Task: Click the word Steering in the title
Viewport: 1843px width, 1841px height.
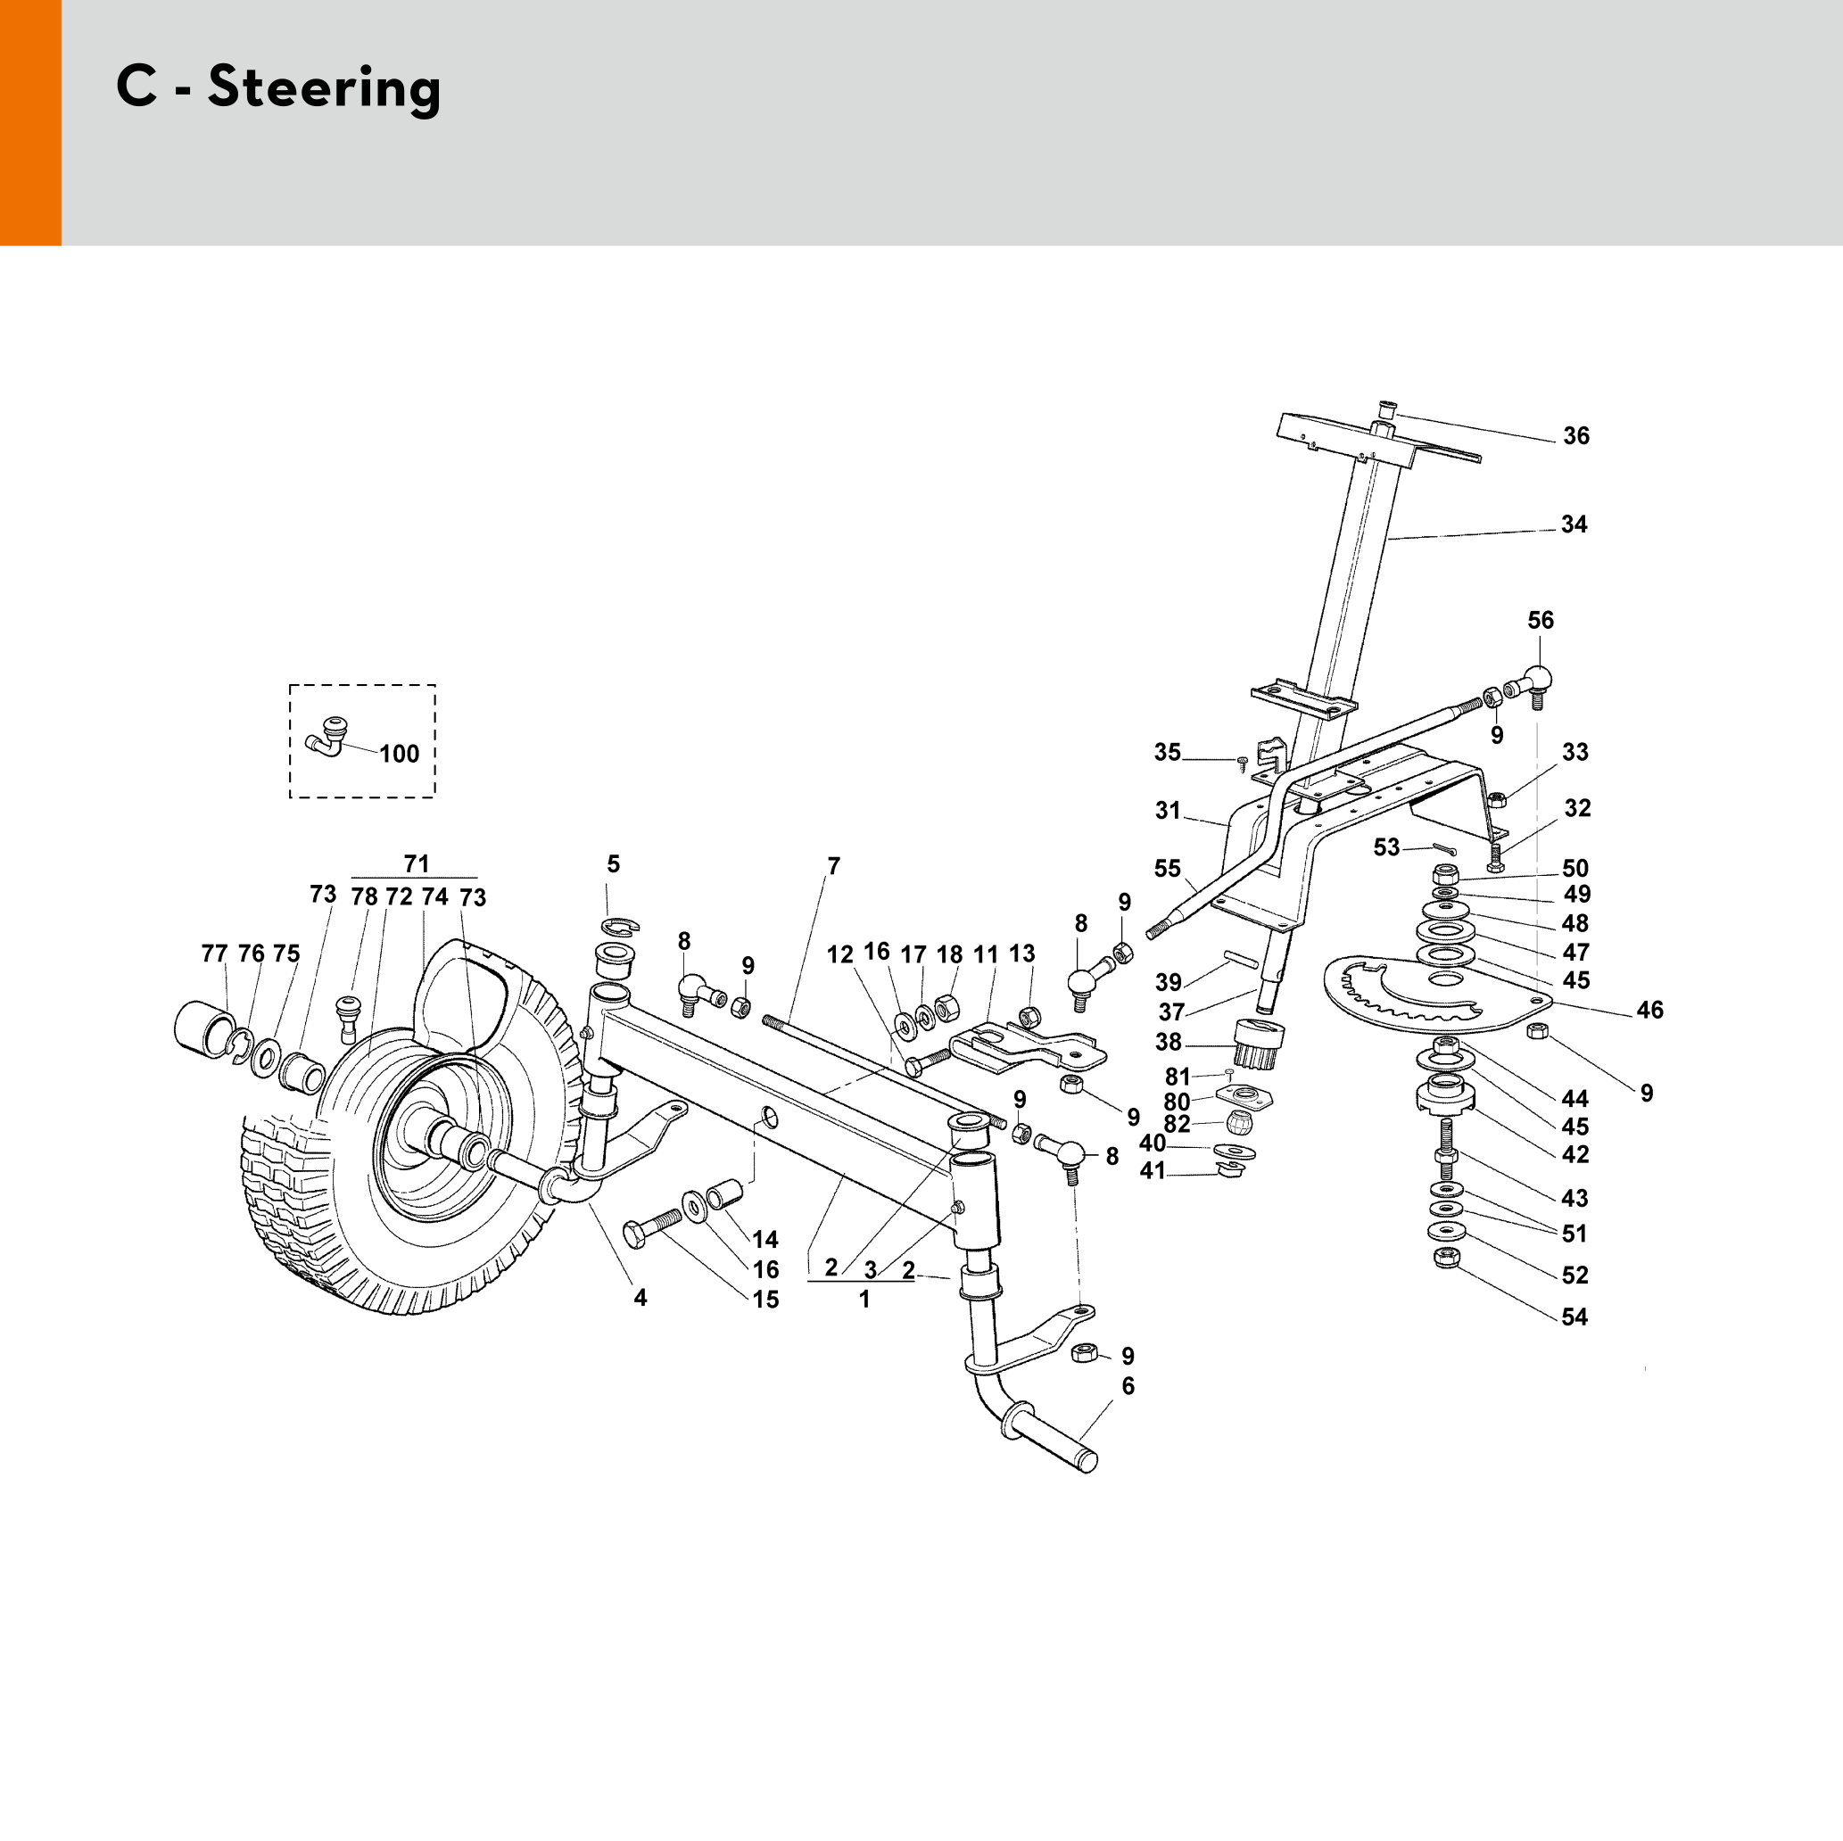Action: click(325, 87)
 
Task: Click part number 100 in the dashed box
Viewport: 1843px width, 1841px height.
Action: click(399, 754)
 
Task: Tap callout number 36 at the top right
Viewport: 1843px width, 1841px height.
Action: click(1576, 436)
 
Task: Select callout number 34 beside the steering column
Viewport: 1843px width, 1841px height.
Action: click(1574, 524)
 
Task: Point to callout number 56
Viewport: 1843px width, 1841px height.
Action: click(1541, 620)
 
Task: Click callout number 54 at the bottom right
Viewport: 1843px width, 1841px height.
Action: click(1574, 1317)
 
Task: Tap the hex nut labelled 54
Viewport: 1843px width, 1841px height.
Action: click(1446, 1259)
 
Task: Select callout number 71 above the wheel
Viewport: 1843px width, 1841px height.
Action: click(416, 863)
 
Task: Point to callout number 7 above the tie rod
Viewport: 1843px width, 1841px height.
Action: click(834, 866)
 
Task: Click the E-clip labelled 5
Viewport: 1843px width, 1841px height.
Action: click(620, 924)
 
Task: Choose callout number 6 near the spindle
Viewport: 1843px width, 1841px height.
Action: click(1128, 1386)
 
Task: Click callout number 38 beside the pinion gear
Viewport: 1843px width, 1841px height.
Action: click(1168, 1042)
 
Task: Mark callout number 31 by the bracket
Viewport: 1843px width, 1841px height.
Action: click(1168, 810)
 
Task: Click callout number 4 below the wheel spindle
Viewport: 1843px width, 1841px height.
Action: click(641, 1297)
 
